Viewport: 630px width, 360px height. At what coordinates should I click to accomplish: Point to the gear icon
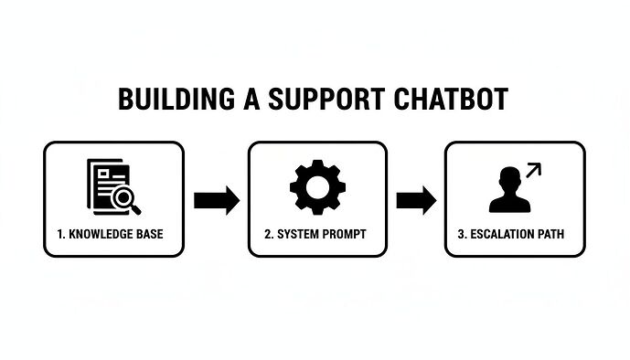pyautogui.click(x=316, y=187)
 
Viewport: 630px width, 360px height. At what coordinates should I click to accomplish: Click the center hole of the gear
pyautogui.click(x=316, y=187)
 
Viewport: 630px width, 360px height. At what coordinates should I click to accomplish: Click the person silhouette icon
pyautogui.click(x=508, y=193)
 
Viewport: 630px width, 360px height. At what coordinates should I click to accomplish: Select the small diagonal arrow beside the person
pyautogui.click(x=533, y=170)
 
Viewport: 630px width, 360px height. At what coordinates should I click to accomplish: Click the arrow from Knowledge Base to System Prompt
pyautogui.click(x=216, y=198)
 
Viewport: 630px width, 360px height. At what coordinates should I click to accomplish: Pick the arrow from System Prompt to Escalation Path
pyautogui.click(x=416, y=198)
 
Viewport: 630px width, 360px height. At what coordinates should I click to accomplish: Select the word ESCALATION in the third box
pyautogui.click(x=503, y=235)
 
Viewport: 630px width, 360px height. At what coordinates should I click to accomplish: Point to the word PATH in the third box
pyautogui.click(x=550, y=235)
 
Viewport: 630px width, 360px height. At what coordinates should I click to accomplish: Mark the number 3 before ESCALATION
pyautogui.click(x=462, y=235)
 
